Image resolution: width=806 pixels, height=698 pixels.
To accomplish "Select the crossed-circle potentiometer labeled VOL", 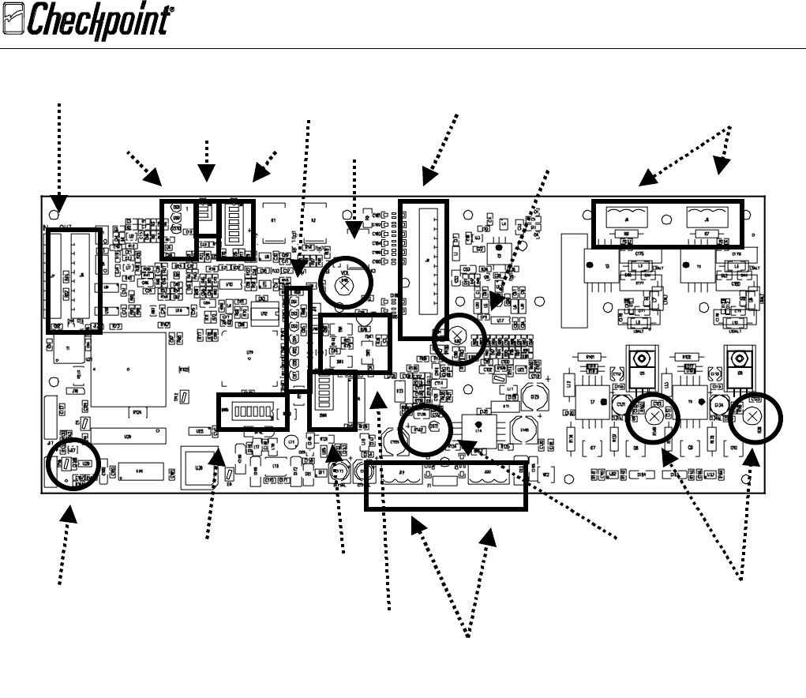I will (x=344, y=286).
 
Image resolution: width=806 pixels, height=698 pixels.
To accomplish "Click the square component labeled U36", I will (x=199, y=466).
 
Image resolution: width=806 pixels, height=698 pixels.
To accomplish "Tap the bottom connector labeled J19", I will (x=403, y=475).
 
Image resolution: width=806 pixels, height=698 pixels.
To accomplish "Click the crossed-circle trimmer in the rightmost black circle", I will (x=752, y=416).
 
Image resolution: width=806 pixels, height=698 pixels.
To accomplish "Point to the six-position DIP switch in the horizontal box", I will (x=253, y=412).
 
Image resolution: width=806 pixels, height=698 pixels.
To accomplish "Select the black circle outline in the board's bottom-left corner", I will (x=73, y=463).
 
